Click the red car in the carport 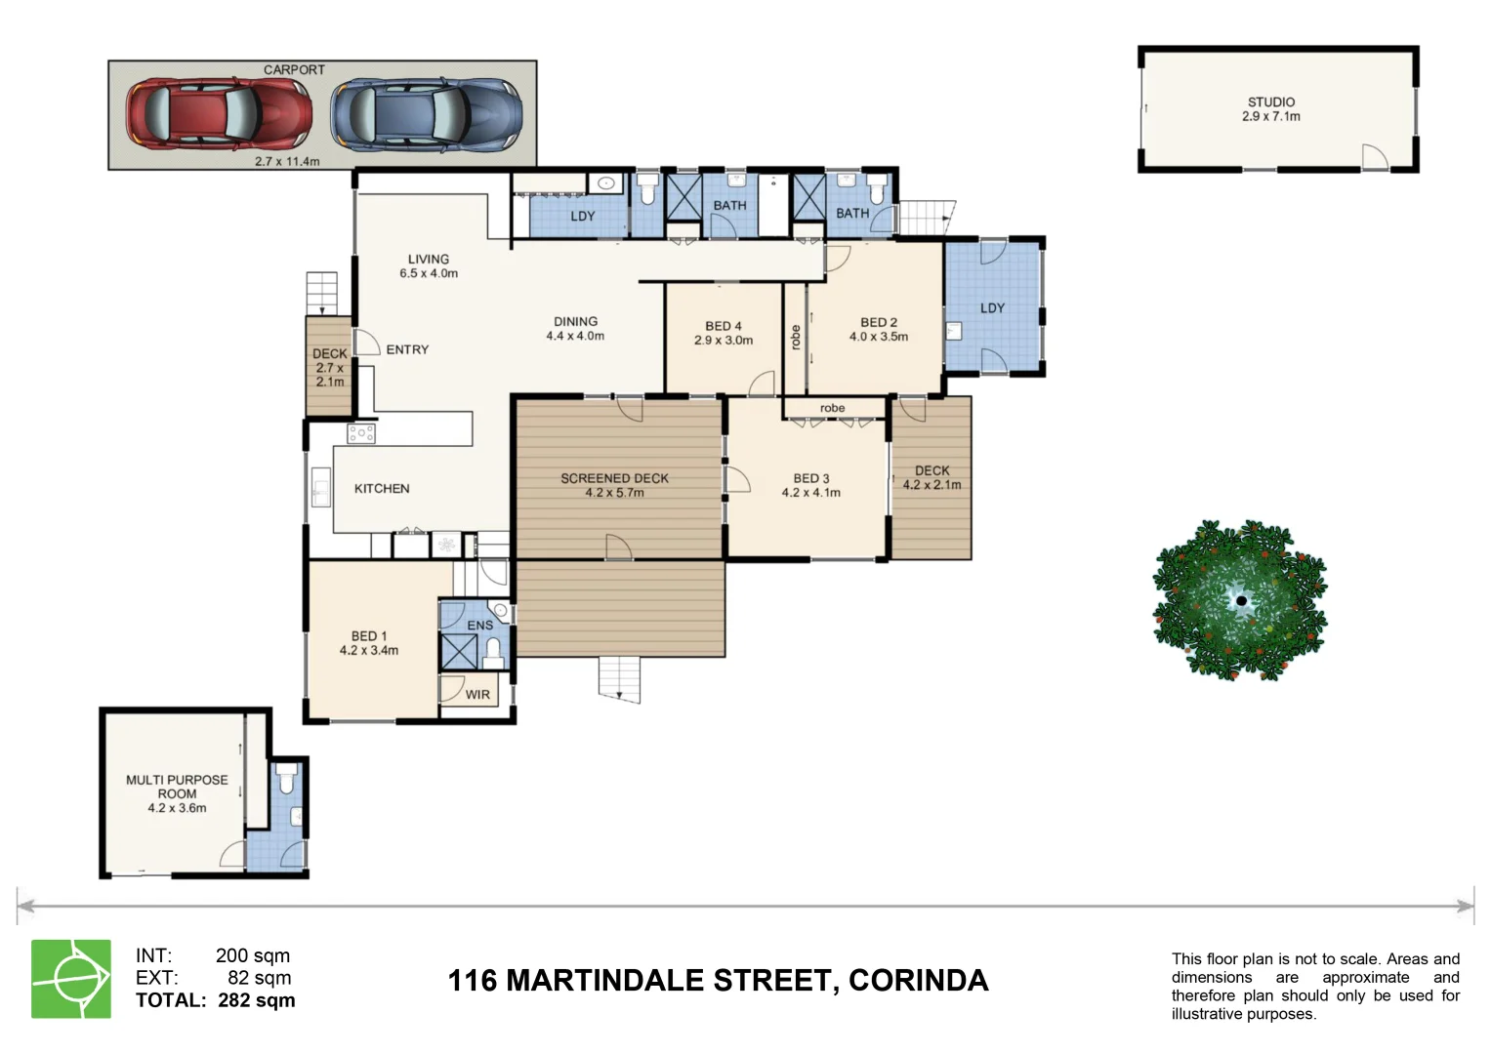219,115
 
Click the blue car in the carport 426,115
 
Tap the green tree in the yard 1240,600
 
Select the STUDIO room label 1270,102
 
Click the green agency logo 71,979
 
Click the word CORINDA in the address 918,981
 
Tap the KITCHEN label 382,489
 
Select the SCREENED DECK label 614,478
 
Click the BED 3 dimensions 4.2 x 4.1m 810,493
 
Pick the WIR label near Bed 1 477,695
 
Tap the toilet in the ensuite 493,649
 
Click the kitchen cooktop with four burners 361,433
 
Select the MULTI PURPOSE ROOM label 177,787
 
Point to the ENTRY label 407,349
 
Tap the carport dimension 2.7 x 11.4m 287,161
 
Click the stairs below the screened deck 620,678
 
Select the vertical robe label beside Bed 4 796,338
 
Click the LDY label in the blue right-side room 992,308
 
